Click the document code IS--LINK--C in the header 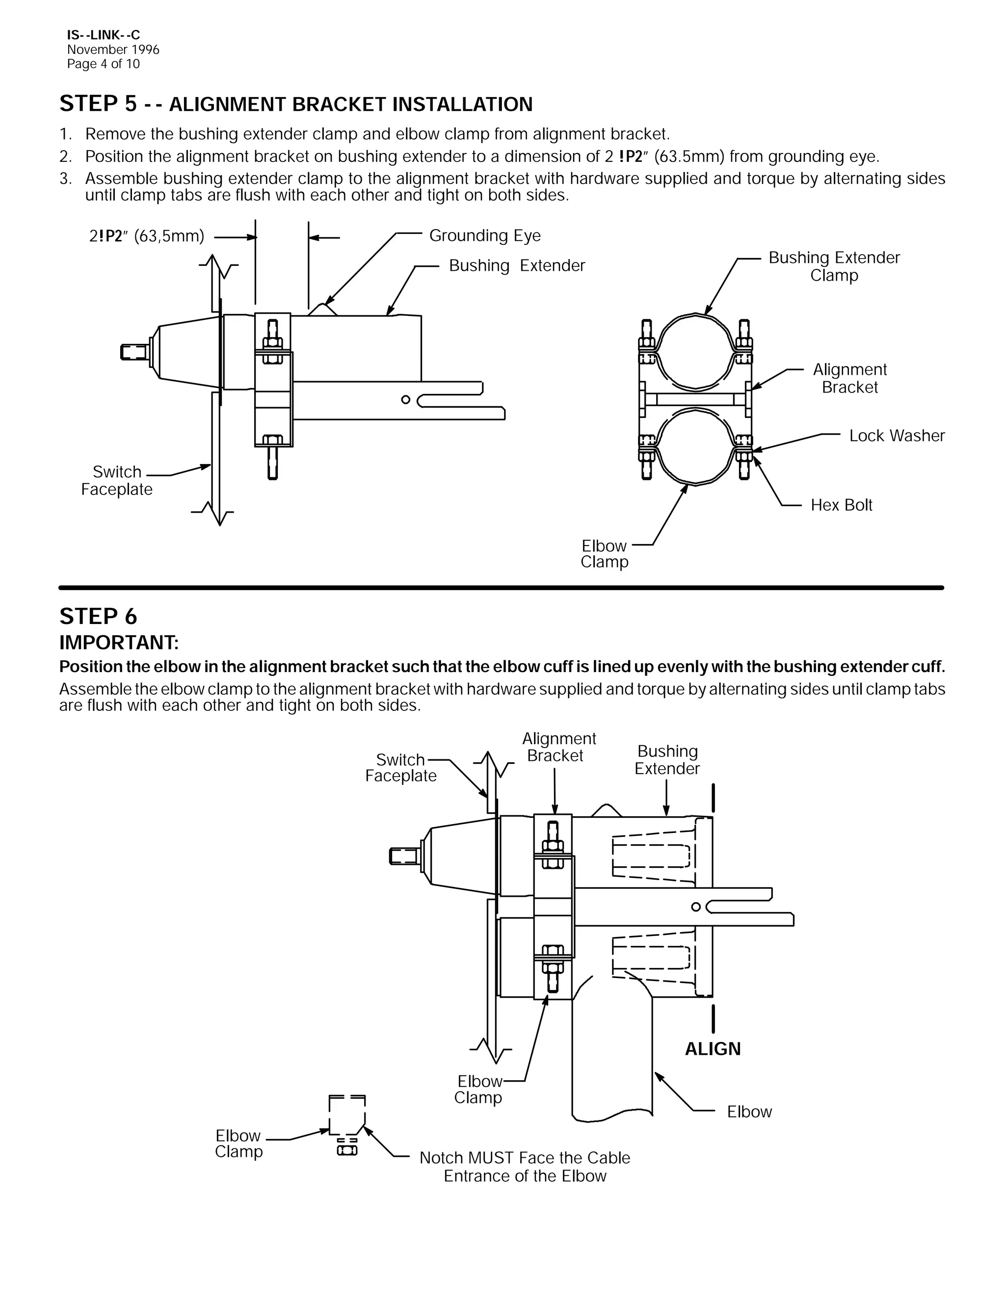pyautogui.click(x=104, y=35)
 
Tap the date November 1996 pyautogui.click(x=113, y=50)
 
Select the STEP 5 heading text pyautogui.click(x=295, y=104)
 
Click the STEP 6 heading pyautogui.click(x=98, y=617)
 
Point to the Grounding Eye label pyautogui.click(x=485, y=235)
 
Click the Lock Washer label pyautogui.click(x=897, y=436)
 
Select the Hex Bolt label pyautogui.click(x=841, y=505)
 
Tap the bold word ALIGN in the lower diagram pyautogui.click(x=713, y=1049)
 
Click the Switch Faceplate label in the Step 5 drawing pyautogui.click(x=117, y=481)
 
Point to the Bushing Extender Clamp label pyautogui.click(x=834, y=267)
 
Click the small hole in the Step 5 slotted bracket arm pyautogui.click(x=405, y=399)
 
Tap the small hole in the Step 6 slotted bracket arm pyautogui.click(x=696, y=907)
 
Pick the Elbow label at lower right pyautogui.click(x=749, y=1112)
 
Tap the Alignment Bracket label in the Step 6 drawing pyautogui.click(x=558, y=747)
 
